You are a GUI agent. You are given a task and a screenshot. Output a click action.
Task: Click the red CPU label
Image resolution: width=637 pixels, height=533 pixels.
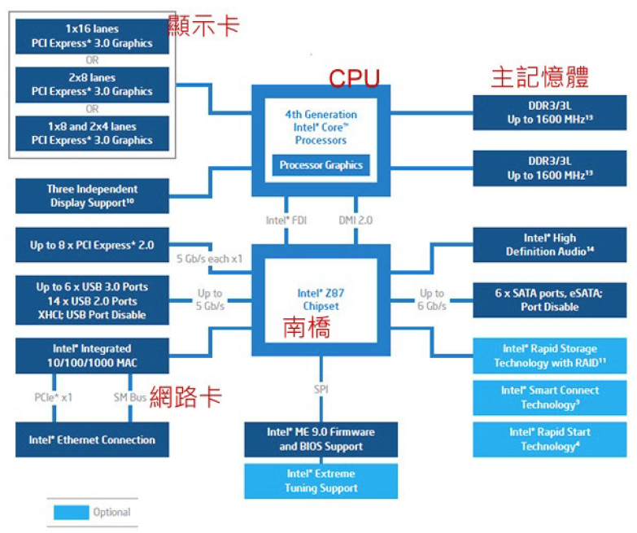click(354, 78)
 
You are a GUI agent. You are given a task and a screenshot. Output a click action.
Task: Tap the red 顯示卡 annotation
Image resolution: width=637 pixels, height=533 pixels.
click(203, 25)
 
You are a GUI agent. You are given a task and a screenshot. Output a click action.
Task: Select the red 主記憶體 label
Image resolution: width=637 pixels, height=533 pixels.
click(539, 77)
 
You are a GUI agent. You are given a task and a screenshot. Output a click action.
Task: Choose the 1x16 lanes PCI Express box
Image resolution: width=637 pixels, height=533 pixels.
click(92, 37)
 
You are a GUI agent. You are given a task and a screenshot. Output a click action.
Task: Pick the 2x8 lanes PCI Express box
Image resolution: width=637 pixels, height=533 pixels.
click(92, 85)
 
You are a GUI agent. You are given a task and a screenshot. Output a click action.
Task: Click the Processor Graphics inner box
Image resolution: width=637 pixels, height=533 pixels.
click(321, 165)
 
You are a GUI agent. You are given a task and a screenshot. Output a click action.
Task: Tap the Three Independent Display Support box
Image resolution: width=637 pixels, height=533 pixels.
click(92, 196)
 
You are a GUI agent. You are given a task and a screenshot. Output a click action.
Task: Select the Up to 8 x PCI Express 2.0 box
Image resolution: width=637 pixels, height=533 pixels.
click(92, 245)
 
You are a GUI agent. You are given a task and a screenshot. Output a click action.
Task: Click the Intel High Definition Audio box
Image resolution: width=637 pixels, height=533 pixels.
click(550, 245)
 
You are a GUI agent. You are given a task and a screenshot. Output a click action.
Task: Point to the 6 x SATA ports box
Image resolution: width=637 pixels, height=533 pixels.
click(550, 300)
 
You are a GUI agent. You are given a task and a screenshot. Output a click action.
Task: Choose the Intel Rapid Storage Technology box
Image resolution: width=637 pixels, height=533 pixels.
click(550, 356)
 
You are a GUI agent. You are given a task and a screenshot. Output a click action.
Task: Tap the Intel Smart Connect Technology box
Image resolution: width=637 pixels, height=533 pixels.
click(550, 398)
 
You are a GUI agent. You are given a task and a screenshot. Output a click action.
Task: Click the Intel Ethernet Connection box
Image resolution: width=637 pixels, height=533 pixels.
click(92, 440)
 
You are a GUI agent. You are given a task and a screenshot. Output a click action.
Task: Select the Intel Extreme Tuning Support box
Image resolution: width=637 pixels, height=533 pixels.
click(321, 481)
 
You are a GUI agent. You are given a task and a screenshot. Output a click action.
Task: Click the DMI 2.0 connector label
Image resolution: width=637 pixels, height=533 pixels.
click(355, 220)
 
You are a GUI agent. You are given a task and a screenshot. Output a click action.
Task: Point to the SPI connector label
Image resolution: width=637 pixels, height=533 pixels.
click(321, 390)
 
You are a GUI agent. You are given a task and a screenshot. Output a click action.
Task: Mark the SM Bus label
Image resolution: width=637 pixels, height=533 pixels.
click(129, 397)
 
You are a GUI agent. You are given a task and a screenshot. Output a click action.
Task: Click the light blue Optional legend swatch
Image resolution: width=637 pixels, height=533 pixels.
click(72, 513)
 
